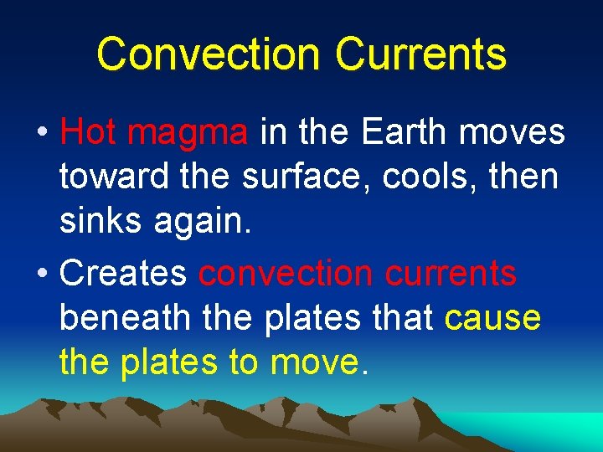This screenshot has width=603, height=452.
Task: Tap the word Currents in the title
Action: (x=420, y=54)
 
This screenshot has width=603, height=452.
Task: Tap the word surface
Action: (x=307, y=177)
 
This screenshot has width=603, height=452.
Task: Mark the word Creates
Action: (x=126, y=274)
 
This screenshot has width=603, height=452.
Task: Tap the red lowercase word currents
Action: (x=456, y=274)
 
